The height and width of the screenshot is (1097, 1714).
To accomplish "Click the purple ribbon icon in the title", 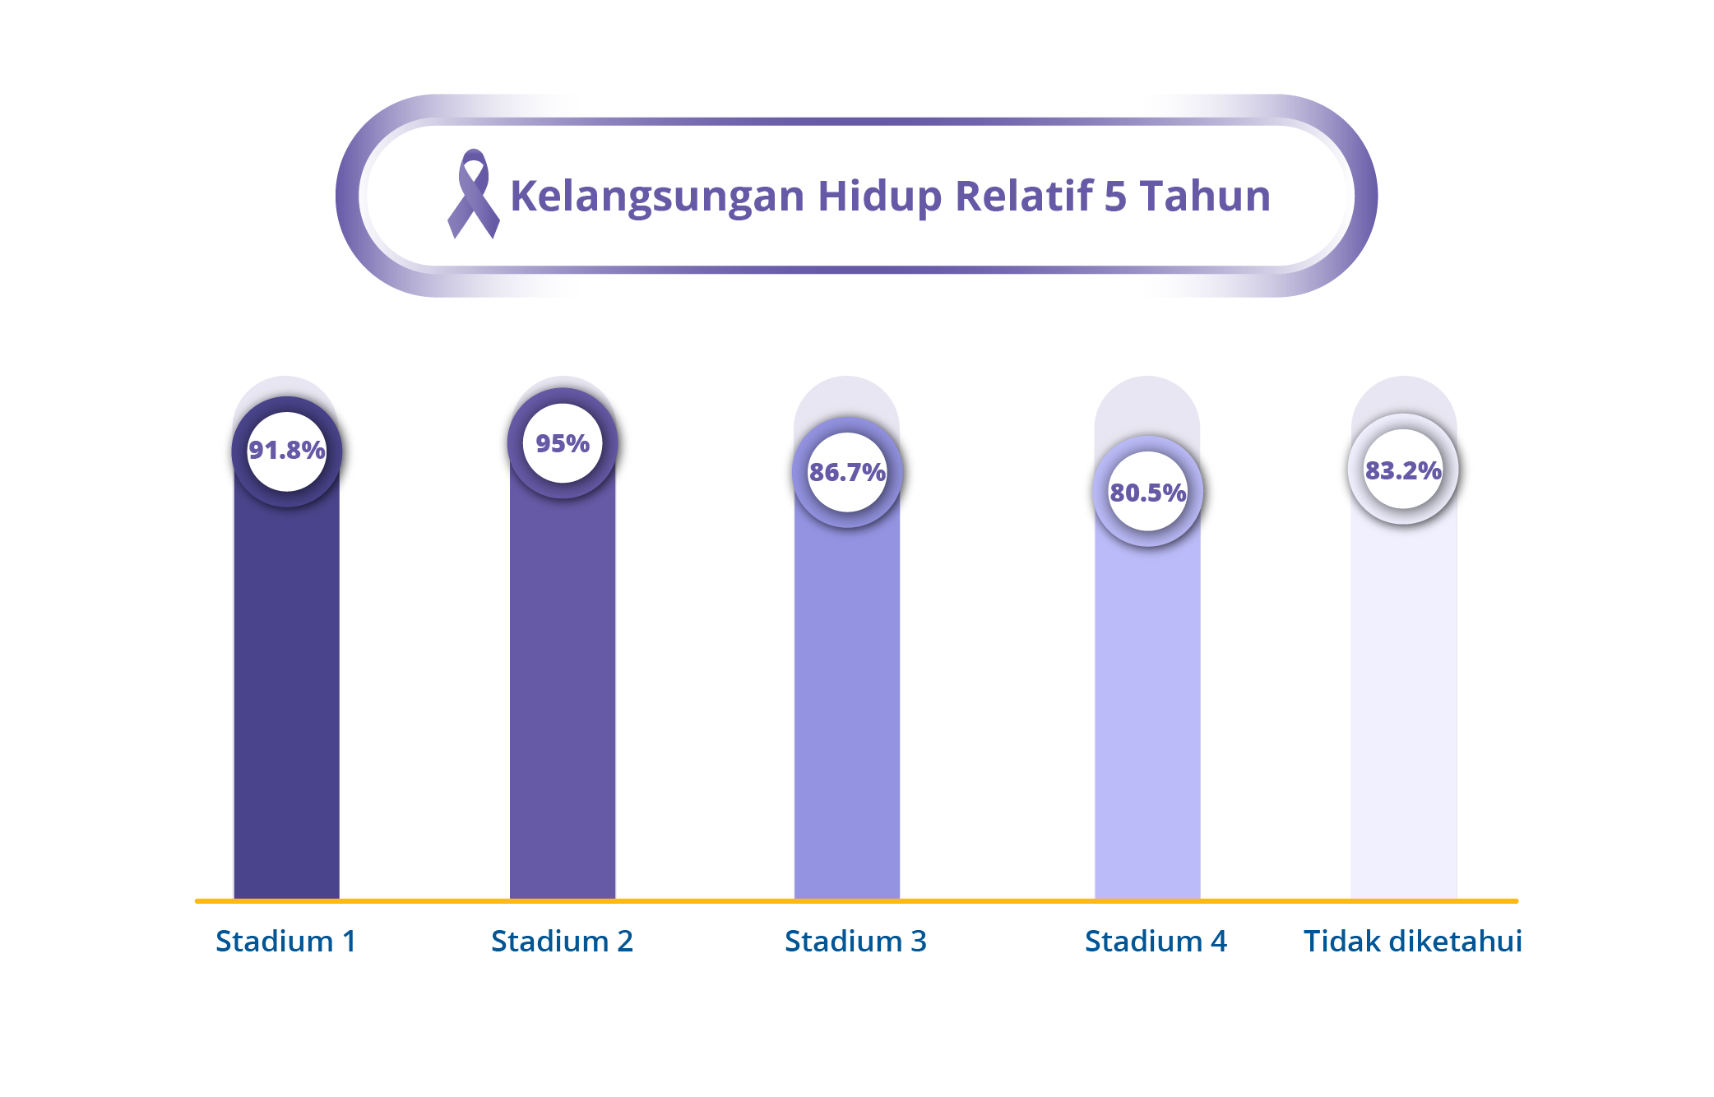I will (473, 194).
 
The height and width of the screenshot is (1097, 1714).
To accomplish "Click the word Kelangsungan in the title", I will (657, 197).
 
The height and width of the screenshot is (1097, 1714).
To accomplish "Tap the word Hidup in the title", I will (879, 197).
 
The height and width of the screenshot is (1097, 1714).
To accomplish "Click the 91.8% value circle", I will (286, 451).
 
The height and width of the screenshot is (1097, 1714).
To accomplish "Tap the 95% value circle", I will (563, 444).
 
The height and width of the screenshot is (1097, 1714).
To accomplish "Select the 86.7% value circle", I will (847, 473).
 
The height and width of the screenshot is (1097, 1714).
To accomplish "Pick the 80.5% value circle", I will (1147, 493).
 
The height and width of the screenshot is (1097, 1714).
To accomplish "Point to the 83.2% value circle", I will (1403, 470).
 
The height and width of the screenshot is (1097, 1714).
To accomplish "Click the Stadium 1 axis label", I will (286, 941).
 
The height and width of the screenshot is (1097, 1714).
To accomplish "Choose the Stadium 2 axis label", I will (563, 941).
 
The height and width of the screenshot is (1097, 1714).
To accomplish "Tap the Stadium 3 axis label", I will (855, 941).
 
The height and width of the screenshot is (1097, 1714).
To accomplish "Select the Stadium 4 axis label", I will (1156, 941).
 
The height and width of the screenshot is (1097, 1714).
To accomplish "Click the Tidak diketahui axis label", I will (1412, 941).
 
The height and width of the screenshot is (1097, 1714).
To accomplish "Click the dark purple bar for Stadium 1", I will (286, 699).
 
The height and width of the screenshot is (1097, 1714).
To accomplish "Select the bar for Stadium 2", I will (563, 699).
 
